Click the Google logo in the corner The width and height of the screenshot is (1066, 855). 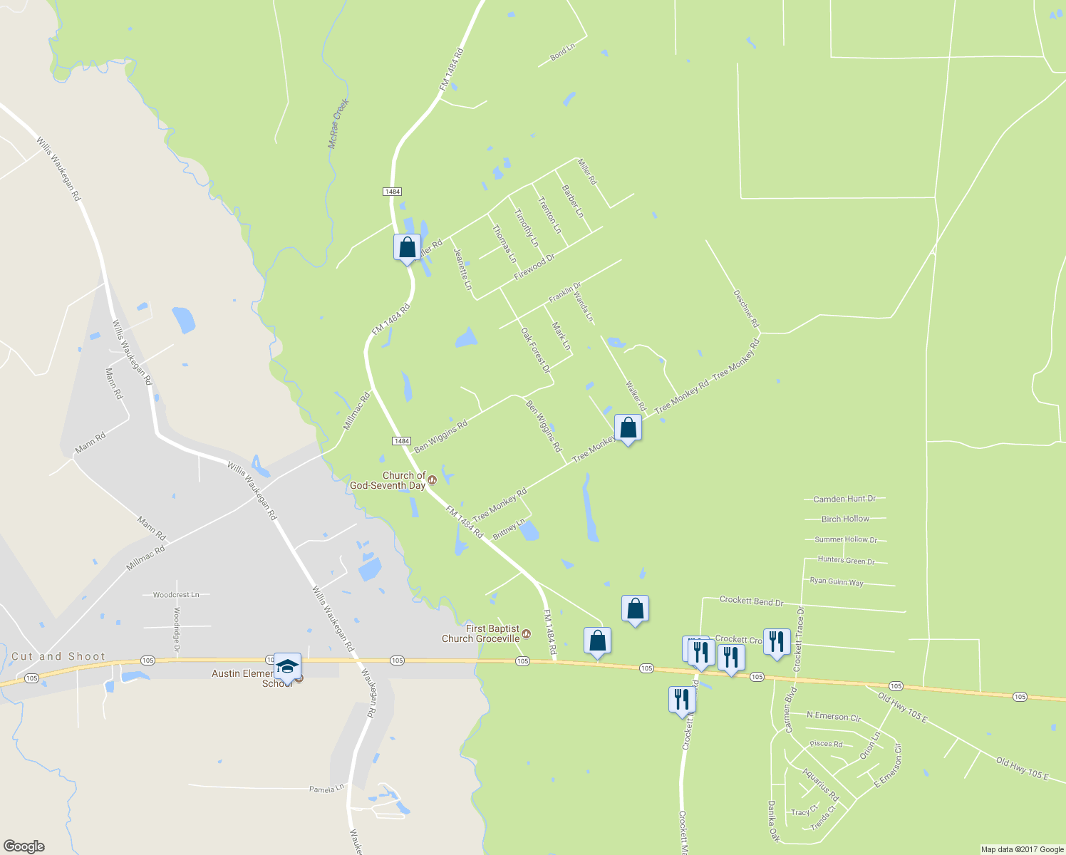(24, 846)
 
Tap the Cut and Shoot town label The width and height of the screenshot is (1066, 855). (58, 656)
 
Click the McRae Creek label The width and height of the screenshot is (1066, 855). (338, 123)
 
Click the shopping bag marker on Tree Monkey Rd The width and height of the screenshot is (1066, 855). (628, 428)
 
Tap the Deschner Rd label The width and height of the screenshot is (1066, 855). (746, 309)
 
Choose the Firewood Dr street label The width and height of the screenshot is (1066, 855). (534, 266)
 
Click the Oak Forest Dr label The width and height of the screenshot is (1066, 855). (536, 350)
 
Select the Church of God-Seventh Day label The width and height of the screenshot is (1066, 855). (388, 480)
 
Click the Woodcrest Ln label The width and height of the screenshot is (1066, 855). (176, 594)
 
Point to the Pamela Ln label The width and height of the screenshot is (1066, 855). (326, 789)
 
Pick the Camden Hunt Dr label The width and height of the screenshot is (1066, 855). (844, 499)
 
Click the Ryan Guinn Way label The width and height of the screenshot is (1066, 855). (837, 581)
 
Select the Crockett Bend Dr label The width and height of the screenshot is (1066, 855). (751, 601)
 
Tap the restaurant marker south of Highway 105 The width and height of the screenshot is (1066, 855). (682, 700)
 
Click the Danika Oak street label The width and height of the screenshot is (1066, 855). (772, 822)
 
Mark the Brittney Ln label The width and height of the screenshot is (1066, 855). (509, 529)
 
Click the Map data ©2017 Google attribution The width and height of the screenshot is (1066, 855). (1023, 849)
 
